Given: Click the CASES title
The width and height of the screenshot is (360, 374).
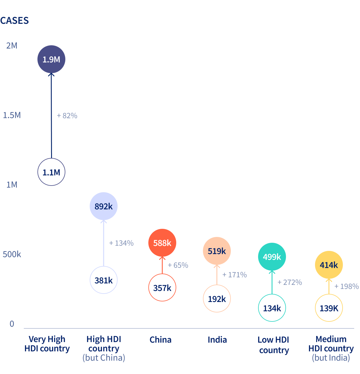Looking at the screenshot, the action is pyautogui.click(x=15, y=21).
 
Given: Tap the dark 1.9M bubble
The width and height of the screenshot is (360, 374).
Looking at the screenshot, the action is pyautogui.click(x=51, y=59).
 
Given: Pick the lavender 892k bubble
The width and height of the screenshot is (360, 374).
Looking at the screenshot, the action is pyautogui.click(x=104, y=206).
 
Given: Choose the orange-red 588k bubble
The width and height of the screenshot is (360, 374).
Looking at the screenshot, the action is pyautogui.click(x=162, y=242).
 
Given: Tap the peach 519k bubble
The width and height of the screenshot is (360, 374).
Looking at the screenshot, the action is pyautogui.click(x=217, y=251).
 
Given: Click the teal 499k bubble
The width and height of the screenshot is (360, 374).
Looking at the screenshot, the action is pyautogui.click(x=272, y=257).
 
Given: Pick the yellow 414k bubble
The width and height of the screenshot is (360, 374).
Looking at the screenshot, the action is pyautogui.click(x=329, y=265).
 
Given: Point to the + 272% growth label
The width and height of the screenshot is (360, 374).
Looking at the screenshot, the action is pyautogui.click(x=290, y=282).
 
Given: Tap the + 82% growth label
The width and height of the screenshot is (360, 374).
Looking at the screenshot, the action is pyautogui.click(x=67, y=116).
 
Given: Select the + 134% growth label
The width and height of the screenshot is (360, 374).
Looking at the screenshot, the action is pyautogui.click(x=121, y=243).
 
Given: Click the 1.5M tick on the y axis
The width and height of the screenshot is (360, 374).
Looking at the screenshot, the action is pyautogui.click(x=12, y=115).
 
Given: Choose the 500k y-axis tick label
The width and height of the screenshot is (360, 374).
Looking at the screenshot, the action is pyautogui.click(x=12, y=254).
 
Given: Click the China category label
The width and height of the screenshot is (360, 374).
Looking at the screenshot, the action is pyautogui.click(x=161, y=340).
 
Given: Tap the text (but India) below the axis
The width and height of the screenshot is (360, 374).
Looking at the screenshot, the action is pyautogui.click(x=331, y=358).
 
